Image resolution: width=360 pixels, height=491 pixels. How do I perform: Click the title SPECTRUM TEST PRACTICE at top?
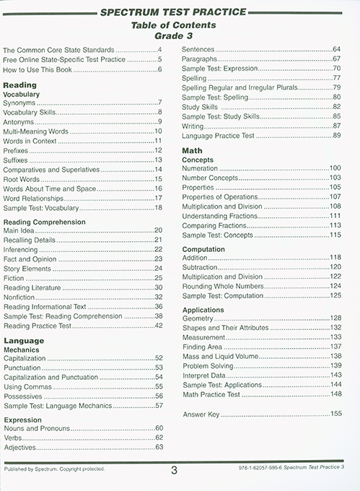pyautogui.click(x=180, y=12)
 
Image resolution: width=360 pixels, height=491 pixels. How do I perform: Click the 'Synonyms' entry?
pyautogui.click(x=22, y=103)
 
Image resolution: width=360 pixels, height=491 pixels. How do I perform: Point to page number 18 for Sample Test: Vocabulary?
pyautogui.click(x=158, y=207)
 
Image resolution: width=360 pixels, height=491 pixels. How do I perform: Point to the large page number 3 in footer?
pyautogui.click(x=174, y=472)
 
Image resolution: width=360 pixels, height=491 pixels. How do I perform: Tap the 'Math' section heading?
pyautogui.click(x=190, y=149)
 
